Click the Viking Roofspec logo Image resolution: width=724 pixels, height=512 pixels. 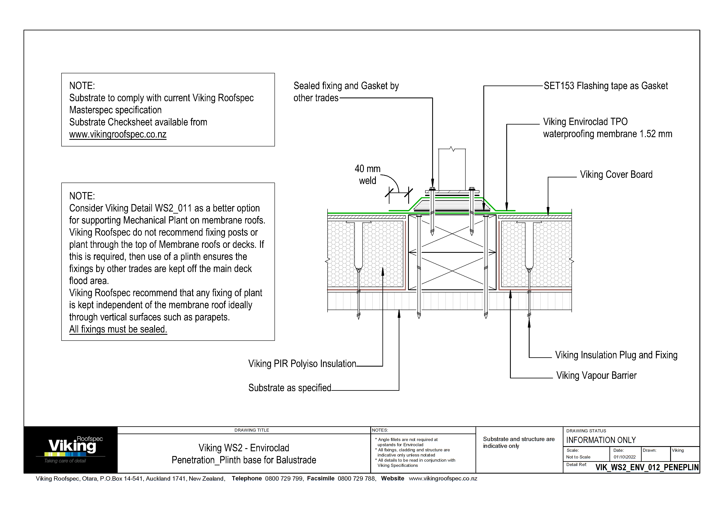tap(71, 449)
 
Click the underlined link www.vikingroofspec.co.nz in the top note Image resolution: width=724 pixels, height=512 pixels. tap(118, 134)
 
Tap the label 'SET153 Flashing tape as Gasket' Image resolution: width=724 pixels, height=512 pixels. tap(606, 86)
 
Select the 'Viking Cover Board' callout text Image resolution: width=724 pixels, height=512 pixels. tap(616, 175)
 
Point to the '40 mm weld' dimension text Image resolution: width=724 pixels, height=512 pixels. tap(367, 175)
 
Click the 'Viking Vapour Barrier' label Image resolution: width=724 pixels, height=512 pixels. tap(596, 375)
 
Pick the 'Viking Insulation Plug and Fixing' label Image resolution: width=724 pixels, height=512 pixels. tap(616, 355)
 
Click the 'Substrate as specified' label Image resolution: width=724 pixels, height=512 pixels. tap(290, 388)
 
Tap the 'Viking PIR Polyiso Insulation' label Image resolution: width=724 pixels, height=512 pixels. tap(302, 364)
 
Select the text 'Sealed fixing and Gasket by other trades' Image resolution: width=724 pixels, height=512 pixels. tap(346, 91)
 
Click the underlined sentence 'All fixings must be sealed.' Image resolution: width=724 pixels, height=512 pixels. tap(118, 329)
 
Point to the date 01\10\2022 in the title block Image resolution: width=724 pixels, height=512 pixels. tap(624, 457)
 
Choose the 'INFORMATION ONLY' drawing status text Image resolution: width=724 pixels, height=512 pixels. tap(601, 440)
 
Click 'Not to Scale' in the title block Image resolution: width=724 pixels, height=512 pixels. tap(578, 457)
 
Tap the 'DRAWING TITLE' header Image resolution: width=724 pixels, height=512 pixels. tap(252, 430)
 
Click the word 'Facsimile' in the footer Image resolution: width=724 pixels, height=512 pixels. tap(320, 478)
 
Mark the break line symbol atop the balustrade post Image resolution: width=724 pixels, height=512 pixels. tap(452, 149)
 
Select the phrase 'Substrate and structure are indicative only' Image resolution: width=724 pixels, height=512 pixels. tap(518, 442)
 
